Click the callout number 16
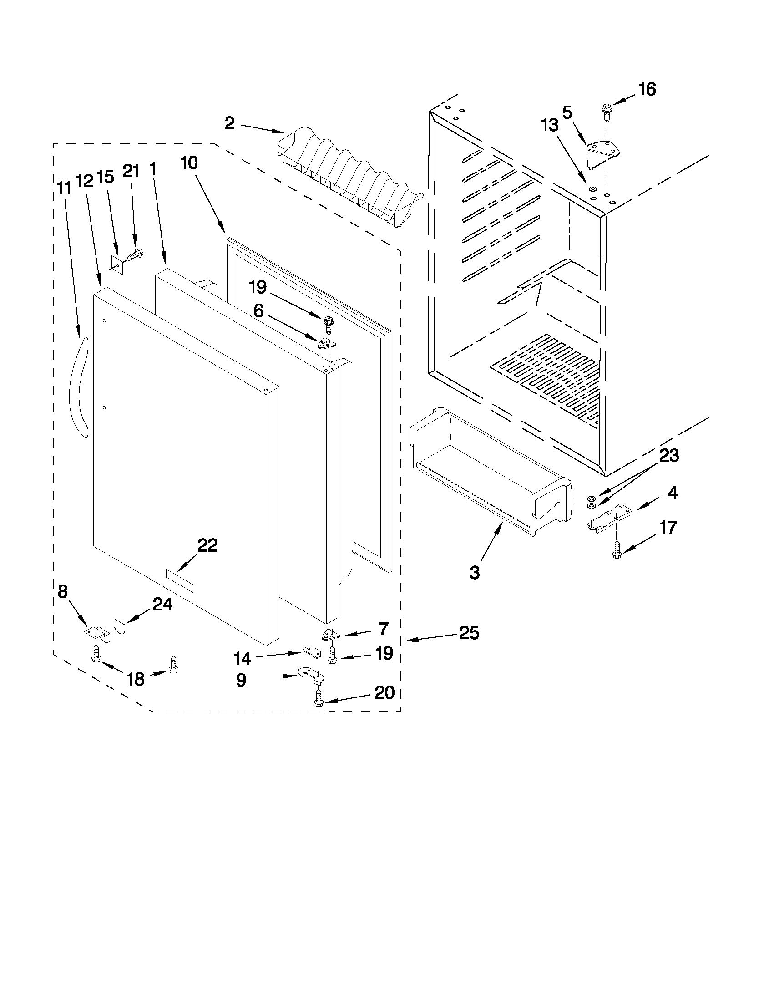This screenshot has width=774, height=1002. [647, 89]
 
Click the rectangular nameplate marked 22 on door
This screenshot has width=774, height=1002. [179, 581]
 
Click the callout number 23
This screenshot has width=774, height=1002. [668, 456]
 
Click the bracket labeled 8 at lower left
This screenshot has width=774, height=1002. [98, 634]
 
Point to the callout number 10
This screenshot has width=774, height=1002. [189, 163]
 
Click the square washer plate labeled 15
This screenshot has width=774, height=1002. [117, 265]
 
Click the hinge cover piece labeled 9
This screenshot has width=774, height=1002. [311, 673]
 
